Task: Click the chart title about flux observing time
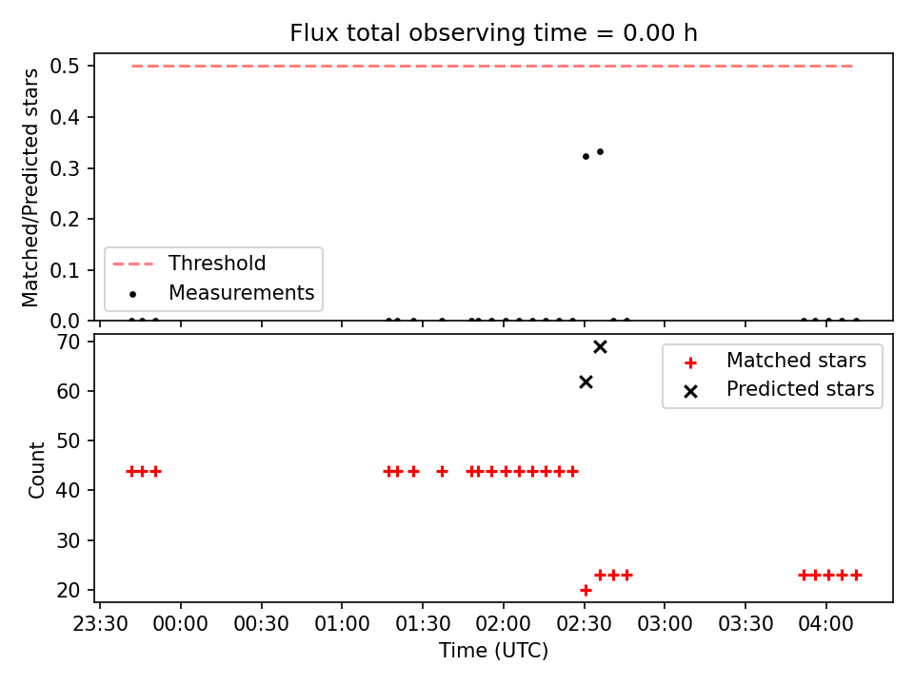point(493,32)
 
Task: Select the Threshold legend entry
point(189,264)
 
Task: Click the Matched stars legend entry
point(775,361)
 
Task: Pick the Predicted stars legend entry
point(780,389)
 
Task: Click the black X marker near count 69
point(600,347)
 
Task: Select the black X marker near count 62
point(586,382)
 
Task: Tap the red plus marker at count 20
point(586,590)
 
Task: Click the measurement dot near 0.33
point(600,152)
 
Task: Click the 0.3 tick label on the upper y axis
point(64,168)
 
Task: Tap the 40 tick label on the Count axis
point(69,491)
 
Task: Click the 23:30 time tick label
point(100,624)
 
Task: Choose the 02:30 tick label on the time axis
point(584,624)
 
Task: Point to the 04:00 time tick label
point(826,624)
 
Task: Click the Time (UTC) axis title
point(493,650)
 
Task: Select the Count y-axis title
point(36,469)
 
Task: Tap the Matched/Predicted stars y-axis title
point(30,187)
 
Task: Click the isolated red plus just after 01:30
point(442,471)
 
